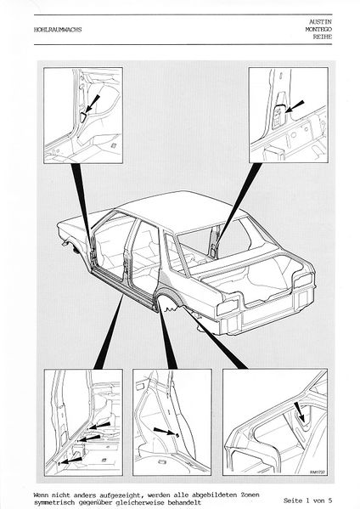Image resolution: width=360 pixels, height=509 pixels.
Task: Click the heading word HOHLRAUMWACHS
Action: (58, 30)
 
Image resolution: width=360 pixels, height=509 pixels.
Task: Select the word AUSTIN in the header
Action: (320, 22)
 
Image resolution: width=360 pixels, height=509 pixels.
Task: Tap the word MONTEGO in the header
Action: (318, 29)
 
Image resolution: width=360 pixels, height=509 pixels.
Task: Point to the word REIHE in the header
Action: (322, 37)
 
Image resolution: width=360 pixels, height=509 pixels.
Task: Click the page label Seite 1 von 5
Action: (307, 501)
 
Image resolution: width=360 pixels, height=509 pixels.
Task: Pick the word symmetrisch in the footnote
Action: (53, 502)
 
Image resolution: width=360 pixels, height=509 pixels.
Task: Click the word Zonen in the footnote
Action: (250, 495)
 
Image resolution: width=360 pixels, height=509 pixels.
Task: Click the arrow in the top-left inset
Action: (93, 105)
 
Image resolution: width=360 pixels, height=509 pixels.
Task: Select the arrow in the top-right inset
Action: (295, 106)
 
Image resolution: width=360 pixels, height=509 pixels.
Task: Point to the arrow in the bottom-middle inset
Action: (166, 432)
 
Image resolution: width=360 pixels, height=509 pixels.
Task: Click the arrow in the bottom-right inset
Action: (299, 411)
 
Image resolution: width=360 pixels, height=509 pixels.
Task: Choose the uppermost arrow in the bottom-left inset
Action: (99, 426)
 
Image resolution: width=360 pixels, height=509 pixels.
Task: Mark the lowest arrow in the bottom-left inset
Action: (71, 461)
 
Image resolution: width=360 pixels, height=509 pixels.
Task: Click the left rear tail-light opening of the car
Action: (228, 307)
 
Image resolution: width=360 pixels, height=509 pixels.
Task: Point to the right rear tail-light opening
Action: (303, 280)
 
